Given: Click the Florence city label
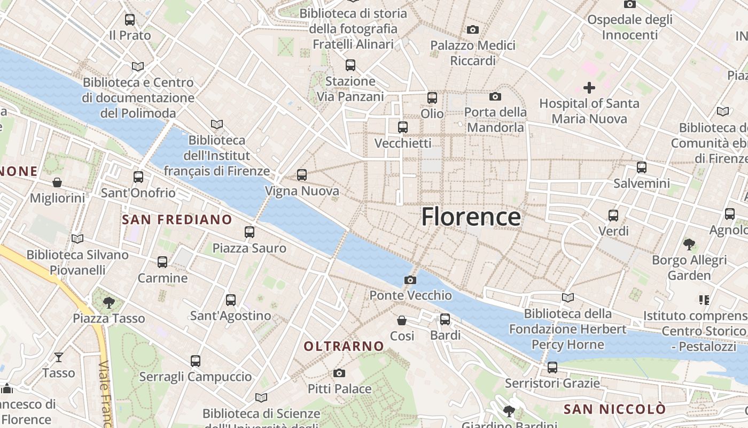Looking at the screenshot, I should click(x=471, y=217).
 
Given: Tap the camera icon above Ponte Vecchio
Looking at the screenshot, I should click(x=410, y=280).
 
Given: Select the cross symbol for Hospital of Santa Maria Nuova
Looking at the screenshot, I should click(x=589, y=87).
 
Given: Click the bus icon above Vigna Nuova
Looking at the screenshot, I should click(x=302, y=174).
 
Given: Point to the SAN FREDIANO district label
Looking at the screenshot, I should click(x=177, y=219).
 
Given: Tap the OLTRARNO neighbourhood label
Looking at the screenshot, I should click(x=344, y=346).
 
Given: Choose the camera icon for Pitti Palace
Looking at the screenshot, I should click(x=339, y=373).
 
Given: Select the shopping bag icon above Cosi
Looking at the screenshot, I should click(x=402, y=320).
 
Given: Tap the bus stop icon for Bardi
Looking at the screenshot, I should click(x=445, y=319).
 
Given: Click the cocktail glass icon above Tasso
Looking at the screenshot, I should click(x=59, y=357).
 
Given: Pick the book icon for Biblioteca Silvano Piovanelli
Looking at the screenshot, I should click(x=77, y=239).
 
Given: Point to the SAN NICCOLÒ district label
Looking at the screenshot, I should click(x=615, y=409).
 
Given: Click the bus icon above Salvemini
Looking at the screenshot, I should click(x=642, y=167).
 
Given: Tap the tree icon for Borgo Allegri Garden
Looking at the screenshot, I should click(x=689, y=244).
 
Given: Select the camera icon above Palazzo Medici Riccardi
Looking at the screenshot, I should click(x=473, y=29).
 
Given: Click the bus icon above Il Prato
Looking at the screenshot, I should click(x=130, y=20).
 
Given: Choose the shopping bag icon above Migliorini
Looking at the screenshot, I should click(x=57, y=182).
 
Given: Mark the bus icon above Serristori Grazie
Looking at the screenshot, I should click(x=552, y=368).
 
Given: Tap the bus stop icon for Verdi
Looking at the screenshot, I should click(x=613, y=216).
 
